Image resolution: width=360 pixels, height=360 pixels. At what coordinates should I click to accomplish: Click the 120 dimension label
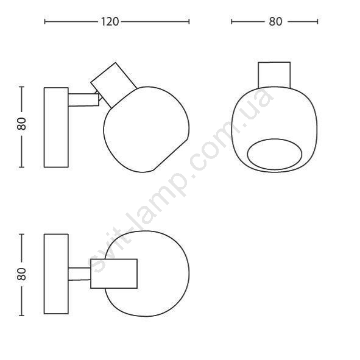pyautogui.click(x=110, y=22)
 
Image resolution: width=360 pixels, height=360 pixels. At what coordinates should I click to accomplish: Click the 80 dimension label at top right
pyautogui.click(x=275, y=21)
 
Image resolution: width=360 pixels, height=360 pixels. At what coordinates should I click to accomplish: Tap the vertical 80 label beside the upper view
pyautogui.click(x=22, y=124)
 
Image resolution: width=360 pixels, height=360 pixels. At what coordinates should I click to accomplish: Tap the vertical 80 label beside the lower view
pyautogui.click(x=22, y=274)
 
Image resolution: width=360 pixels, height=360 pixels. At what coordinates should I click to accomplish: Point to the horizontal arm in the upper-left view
pyautogui.click(x=83, y=100)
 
